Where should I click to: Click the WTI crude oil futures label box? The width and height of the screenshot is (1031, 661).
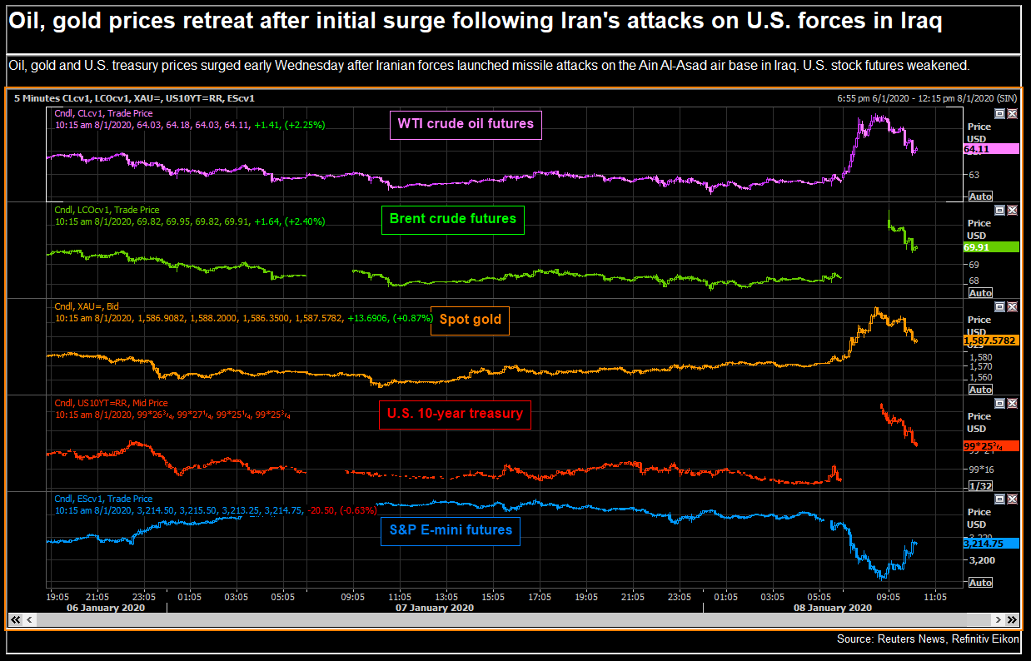tap(466, 125)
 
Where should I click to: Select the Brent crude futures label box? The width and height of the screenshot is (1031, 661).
tap(453, 220)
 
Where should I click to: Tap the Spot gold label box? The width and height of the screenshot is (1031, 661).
tap(470, 320)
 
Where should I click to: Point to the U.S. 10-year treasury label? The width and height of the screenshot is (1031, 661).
tap(455, 413)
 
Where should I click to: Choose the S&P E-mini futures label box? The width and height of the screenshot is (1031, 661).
tap(451, 530)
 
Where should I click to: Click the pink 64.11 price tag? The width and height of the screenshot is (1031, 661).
tap(991, 149)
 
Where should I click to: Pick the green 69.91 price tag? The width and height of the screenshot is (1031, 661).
tap(991, 247)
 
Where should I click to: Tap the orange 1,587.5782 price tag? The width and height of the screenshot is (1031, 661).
tap(991, 340)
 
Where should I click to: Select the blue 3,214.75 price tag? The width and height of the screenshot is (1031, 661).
tap(991, 543)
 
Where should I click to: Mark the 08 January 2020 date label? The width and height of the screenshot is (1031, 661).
tap(832, 608)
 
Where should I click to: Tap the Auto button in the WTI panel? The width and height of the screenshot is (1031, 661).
tap(980, 196)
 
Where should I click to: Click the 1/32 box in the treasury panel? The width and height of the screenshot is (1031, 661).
tap(980, 485)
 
